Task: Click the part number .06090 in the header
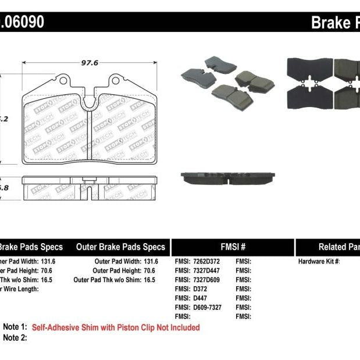click(x=22, y=23)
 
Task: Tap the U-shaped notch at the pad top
click(x=90, y=102)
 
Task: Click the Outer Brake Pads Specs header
click(x=120, y=247)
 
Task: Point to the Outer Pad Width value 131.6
click(x=151, y=262)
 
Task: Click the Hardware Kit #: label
click(x=319, y=262)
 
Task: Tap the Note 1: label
click(x=15, y=327)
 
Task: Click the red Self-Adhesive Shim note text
click(x=116, y=327)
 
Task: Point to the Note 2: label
click(x=15, y=337)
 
